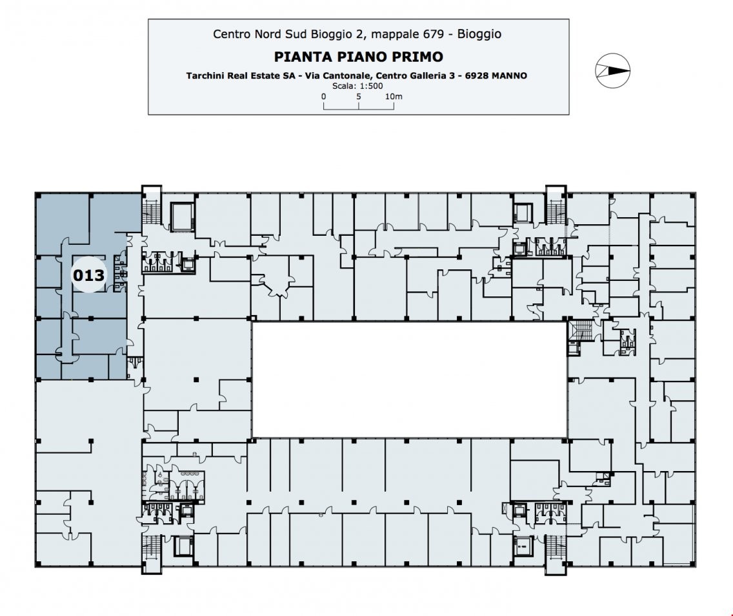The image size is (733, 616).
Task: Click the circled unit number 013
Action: (x=88, y=275)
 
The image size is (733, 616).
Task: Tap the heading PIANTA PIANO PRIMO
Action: (x=359, y=57)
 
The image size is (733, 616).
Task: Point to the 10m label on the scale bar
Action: (x=394, y=97)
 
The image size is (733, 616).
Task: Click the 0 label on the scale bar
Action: (x=324, y=97)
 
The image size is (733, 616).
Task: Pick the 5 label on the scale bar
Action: (x=359, y=97)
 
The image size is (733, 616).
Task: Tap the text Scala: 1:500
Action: (x=358, y=85)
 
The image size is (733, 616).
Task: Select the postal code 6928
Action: (x=475, y=75)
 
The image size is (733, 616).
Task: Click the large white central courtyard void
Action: (x=409, y=379)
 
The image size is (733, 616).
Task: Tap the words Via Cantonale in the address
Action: (x=341, y=75)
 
